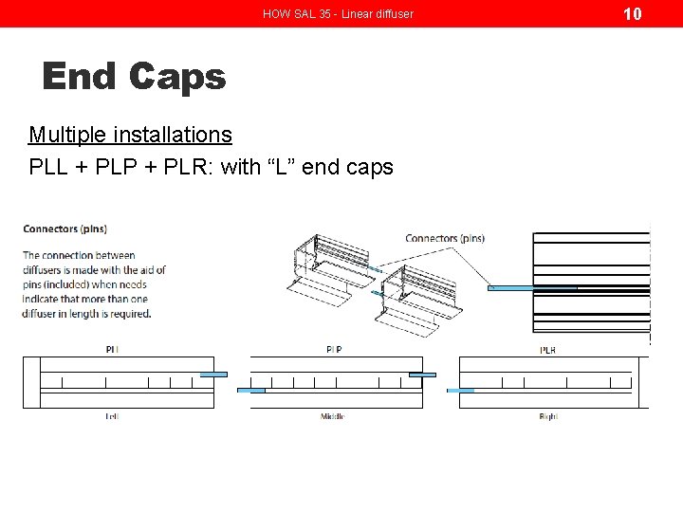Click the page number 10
point(633,13)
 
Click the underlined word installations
point(178,135)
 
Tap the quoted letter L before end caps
point(286,167)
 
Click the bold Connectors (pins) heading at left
point(65,229)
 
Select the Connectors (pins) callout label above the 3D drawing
point(444,238)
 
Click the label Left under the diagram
point(112,416)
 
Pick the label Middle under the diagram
point(332,416)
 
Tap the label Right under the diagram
point(547,416)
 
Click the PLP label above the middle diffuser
point(333,350)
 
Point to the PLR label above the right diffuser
point(547,350)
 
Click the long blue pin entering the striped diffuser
point(531,288)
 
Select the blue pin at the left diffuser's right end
point(213,375)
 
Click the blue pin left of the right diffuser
point(460,390)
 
